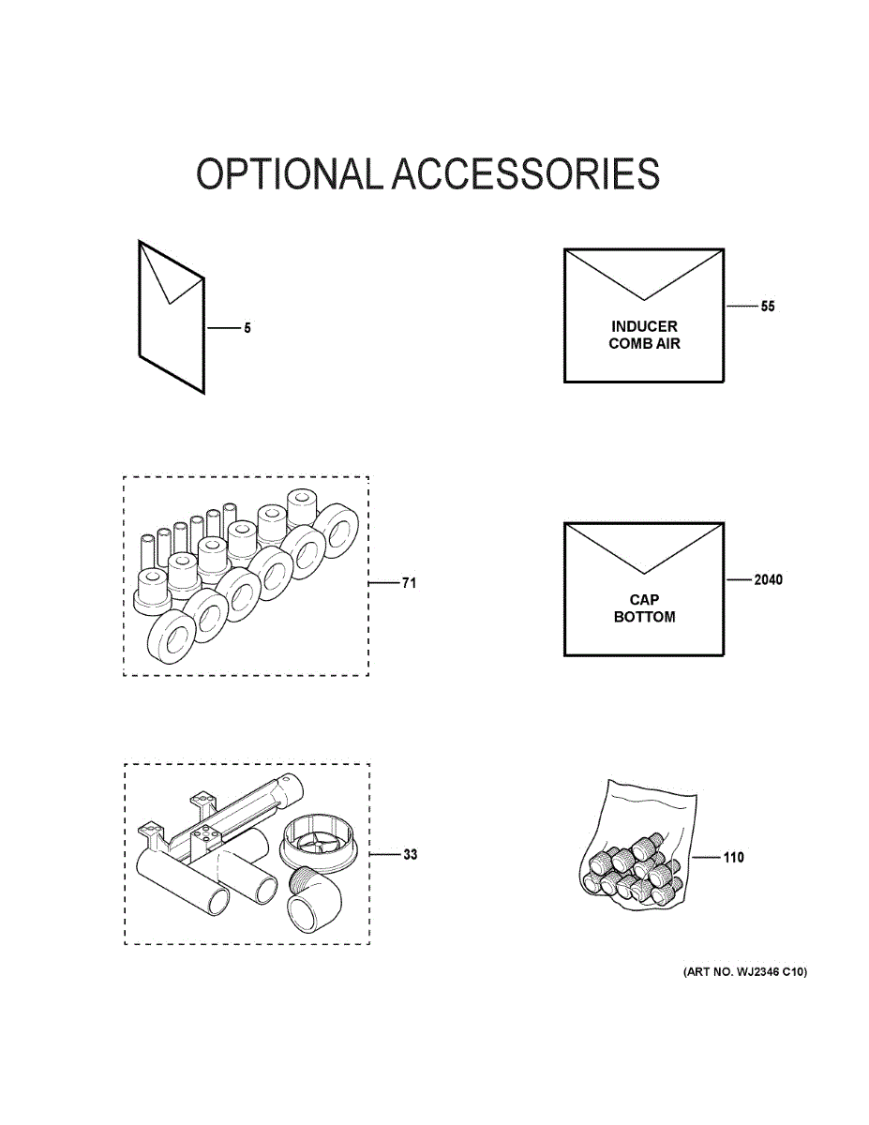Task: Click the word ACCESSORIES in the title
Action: tap(525, 175)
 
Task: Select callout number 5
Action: tap(247, 329)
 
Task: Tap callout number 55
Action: tap(768, 307)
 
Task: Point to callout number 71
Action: tap(409, 583)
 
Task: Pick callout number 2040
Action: tap(768, 579)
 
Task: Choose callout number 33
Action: tap(410, 855)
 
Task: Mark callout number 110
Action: tap(733, 857)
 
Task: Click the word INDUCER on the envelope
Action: tap(644, 326)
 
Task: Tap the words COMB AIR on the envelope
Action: tap(644, 344)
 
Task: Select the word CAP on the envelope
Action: tap(644, 600)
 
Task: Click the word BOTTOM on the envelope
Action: tap(644, 618)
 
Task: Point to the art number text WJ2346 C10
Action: tap(744, 972)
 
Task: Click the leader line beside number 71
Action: tap(383, 583)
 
